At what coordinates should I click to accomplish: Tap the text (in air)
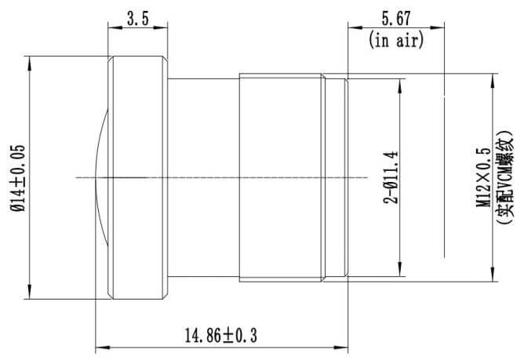[x=396, y=39]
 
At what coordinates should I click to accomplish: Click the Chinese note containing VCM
[x=505, y=177]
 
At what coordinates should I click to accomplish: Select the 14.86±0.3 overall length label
[x=221, y=336]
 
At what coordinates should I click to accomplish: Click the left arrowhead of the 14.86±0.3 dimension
[x=100, y=346]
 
